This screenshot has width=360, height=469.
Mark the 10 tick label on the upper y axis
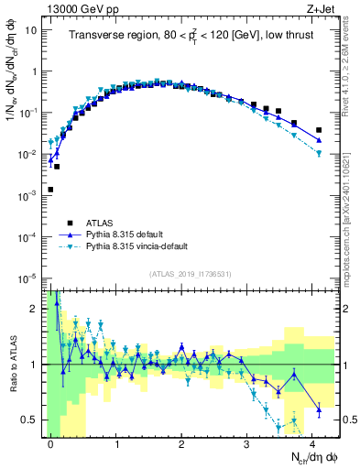tap(30, 29)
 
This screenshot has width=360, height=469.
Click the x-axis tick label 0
tap(50, 442)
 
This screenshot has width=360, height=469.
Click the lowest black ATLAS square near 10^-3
tap(50, 190)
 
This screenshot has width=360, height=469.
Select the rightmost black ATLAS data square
tap(318, 130)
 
